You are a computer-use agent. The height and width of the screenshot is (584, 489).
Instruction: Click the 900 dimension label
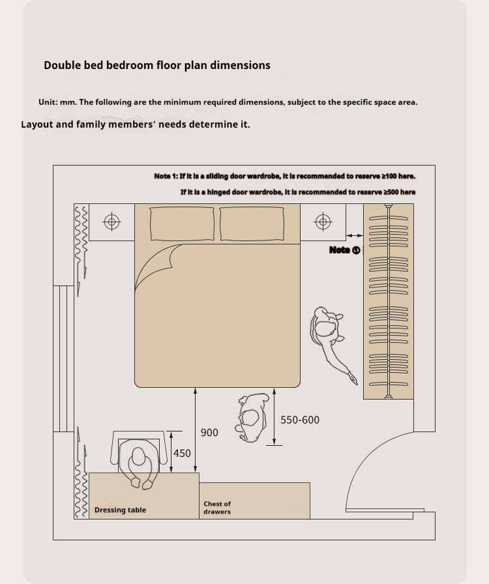tap(209, 432)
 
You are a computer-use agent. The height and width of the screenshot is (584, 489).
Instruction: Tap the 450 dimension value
tap(182, 453)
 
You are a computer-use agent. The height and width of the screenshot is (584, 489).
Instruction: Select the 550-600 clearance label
tap(300, 420)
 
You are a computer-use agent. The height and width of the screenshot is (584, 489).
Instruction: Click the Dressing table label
tap(120, 510)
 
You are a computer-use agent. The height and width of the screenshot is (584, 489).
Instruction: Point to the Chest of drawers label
tap(217, 508)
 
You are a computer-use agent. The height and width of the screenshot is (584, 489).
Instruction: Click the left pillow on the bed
tap(183, 224)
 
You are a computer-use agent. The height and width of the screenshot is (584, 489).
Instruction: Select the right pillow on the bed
tap(252, 224)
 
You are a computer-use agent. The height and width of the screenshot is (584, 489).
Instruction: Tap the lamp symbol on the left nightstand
tap(111, 222)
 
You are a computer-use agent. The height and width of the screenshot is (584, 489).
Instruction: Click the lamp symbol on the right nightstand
tap(323, 222)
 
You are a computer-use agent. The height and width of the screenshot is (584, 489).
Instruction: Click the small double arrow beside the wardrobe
tap(355, 235)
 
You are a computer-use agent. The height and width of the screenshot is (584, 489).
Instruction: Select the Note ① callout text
tap(345, 250)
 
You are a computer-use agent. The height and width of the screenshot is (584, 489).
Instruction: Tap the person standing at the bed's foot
tap(252, 418)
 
